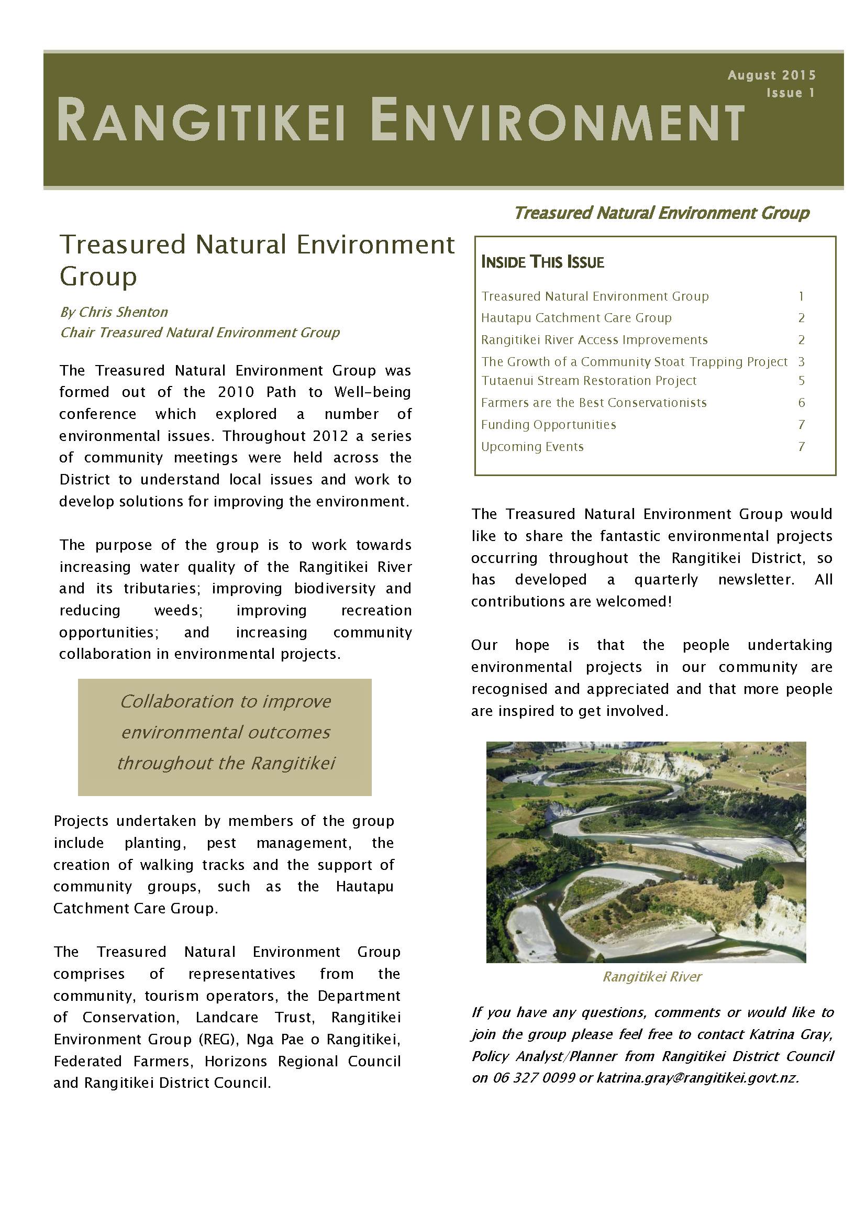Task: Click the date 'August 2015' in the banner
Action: point(771,75)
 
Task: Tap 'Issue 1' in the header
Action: point(790,93)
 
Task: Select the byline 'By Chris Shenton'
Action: point(114,312)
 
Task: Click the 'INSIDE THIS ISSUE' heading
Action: point(542,262)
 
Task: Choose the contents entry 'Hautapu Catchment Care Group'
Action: point(576,318)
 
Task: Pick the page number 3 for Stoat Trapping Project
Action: point(801,362)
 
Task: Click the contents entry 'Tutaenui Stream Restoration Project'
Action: point(588,381)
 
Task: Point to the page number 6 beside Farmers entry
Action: point(801,403)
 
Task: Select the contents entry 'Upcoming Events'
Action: point(531,447)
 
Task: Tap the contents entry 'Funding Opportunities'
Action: point(548,425)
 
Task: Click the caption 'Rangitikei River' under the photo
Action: point(652,976)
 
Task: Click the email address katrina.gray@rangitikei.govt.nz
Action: point(697,1078)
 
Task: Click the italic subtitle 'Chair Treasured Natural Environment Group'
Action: point(199,333)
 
